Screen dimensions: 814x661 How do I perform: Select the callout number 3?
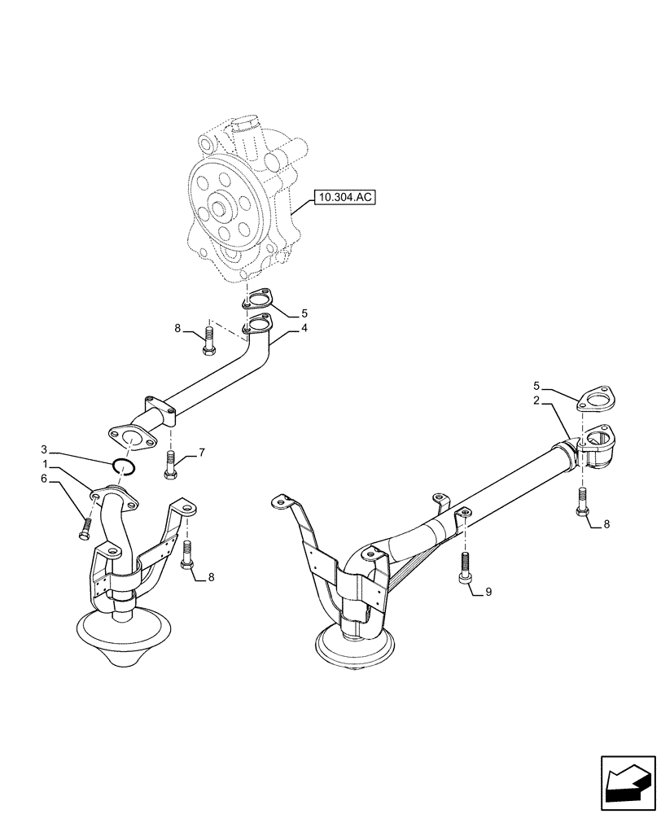tap(46, 449)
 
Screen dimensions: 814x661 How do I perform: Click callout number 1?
tap(46, 463)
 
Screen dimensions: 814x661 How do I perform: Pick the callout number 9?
tap(488, 592)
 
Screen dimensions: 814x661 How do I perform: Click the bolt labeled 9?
tap(464, 567)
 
